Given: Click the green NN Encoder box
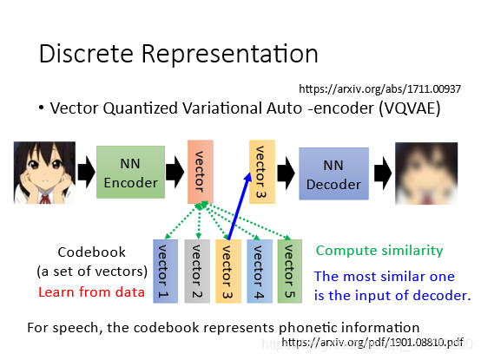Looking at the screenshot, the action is tap(131, 172).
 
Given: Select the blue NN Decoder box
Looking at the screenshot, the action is tap(333, 173).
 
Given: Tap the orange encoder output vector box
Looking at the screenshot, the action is tap(201, 172).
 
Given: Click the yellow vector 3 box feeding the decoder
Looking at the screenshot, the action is tap(262, 172).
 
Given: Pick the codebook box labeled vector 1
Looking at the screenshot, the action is tap(165, 272).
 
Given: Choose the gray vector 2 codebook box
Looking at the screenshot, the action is tap(197, 272).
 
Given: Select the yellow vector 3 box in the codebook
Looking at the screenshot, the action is tap(228, 272).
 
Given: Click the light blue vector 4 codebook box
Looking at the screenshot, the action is tap(260, 272).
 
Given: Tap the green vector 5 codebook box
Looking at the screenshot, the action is tap(290, 272).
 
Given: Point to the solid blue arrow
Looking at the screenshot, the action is tap(240, 206).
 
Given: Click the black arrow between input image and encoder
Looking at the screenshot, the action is tap(86, 172).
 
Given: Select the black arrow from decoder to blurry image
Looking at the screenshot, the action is tap(383, 173).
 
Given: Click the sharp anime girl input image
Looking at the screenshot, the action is tap(44, 173).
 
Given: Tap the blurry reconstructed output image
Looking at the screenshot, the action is tap(426, 173).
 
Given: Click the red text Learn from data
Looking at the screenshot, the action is tap(91, 292).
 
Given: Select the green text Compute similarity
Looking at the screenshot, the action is tap(379, 251).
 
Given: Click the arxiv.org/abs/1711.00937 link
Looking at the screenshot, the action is tap(379, 89).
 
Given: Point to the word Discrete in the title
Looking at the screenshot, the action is tap(86, 54).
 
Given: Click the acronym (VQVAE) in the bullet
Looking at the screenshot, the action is tap(410, 108).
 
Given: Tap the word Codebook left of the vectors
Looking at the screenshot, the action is tap(92, 252).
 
